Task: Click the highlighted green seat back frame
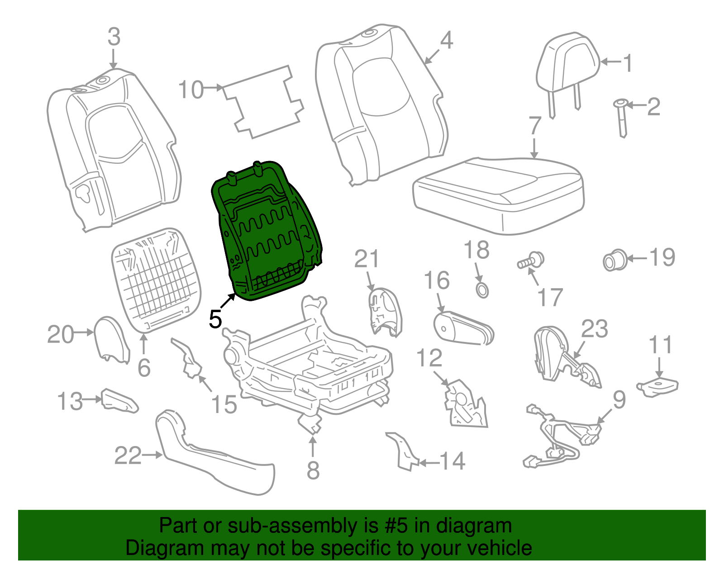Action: tap(267, 231)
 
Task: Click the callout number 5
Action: tap(215, 319)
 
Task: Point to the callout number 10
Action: tap(191, 90)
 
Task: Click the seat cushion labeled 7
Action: tap(498, 195)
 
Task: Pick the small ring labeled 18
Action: tap(483, 290)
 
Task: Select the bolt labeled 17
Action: tap(531, 261)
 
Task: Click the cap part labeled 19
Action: tap(614, 260)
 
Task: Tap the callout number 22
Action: tap(128, 456)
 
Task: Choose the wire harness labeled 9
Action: tap(561, 434)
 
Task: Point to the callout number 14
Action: tap(452, 461)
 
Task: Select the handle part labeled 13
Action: tap(119, 400)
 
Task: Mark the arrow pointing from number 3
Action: tap(113, 58)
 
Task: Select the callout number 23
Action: tap(594, 329)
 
